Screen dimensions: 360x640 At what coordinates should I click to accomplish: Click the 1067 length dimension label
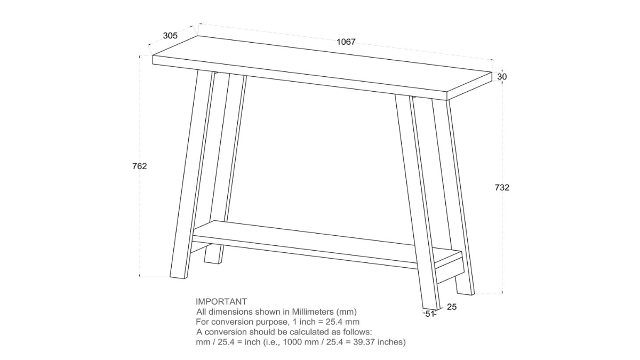coord(346,43)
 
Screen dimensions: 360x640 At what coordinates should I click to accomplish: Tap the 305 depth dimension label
coord(170,36)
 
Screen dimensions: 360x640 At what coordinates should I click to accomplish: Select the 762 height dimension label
coord(139,166)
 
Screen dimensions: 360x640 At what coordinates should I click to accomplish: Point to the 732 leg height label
coord(502,188)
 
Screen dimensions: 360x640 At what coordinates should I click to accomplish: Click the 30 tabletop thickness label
coord(502,77)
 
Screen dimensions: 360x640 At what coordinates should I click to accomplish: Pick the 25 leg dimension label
coord(452,307)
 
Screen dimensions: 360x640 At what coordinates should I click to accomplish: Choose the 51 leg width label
coord(430,314)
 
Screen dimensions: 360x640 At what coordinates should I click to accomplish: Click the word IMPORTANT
coord(221,302)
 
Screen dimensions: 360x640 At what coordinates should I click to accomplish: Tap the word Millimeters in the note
coord(311,312)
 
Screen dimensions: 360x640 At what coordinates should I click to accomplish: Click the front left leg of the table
coord(191,176)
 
